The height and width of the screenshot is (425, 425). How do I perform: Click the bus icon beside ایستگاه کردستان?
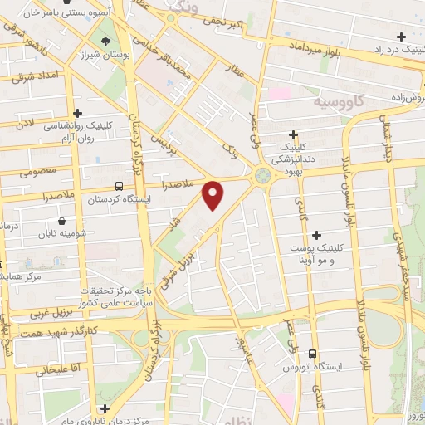pyautogui.click(x=120, y=186)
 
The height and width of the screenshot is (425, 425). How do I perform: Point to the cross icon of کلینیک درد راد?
pyautogui.click(x=402, y=36)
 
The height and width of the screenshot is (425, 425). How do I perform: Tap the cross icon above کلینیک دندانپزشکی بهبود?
pyautogui.click(x=293, y=134)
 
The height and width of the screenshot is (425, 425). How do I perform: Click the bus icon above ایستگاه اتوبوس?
pyautogui.click(x=312, y=353)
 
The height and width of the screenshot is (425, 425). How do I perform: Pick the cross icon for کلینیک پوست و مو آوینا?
pyautogui.click(x=316, y=235)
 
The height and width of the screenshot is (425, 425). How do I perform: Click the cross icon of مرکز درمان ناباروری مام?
pyautogui.click(x=104, y=408)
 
